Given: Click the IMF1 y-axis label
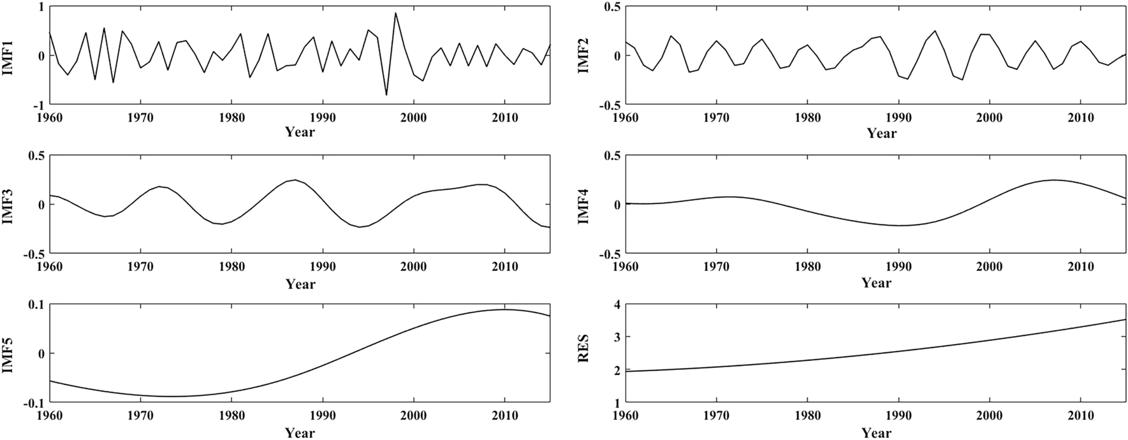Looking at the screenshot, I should click(x=10, y=55).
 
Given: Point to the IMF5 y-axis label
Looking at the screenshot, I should click(x=10, y=353).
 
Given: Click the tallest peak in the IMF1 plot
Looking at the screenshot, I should click(x=395, y=13).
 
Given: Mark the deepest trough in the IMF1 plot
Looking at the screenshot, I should click(x=386, y=95).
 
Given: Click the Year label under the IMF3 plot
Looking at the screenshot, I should click(x=300, y=284).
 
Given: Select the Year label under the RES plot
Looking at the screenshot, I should click(x=876, y=432).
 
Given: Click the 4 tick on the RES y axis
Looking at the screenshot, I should click(x=617, y=304).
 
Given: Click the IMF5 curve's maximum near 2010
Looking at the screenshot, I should click(x=504, y=310).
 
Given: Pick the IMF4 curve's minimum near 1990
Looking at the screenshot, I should click(x=898, y=225).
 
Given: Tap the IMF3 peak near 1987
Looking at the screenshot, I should click(x=295, y=180).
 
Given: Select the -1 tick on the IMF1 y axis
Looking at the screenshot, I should click(x=39, y=105).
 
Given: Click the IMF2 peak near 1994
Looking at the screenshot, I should click(x=935, y=31).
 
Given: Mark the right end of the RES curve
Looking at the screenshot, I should click(x=1125, y=319).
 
